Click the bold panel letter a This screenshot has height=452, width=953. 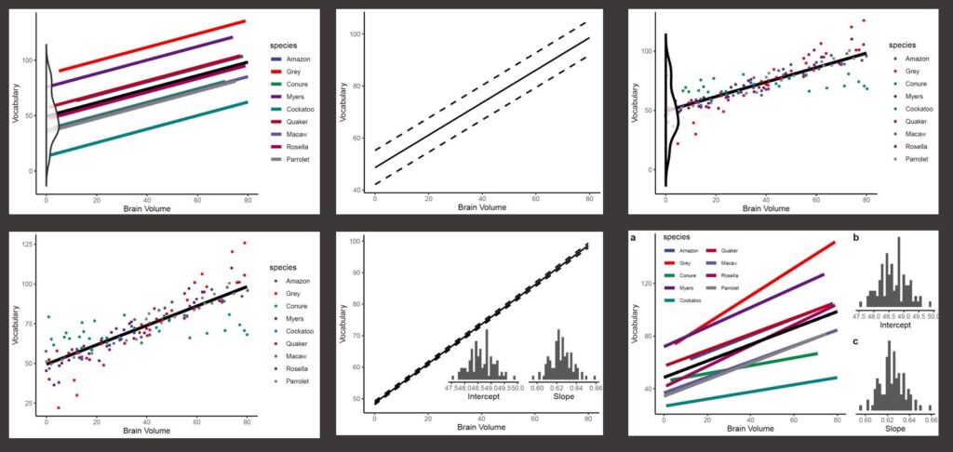634,238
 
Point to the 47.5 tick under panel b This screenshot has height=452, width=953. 865,316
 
